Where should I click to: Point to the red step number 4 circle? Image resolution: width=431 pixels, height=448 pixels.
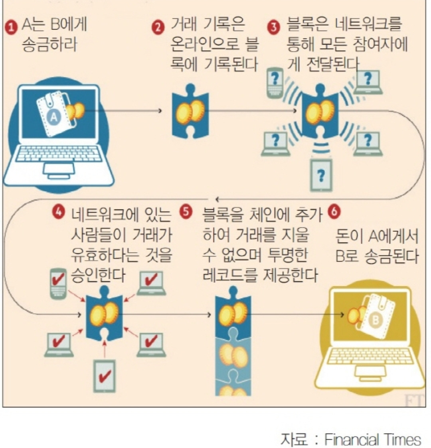(x=59, y=213)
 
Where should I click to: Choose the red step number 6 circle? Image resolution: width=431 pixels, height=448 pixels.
(x=334, y=212)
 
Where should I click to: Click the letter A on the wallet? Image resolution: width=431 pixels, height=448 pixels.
(x=53, y=116)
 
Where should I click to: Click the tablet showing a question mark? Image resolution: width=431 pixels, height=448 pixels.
(x=321, y=174)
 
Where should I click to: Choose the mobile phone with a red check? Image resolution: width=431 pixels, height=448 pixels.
(x=59, y=283)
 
